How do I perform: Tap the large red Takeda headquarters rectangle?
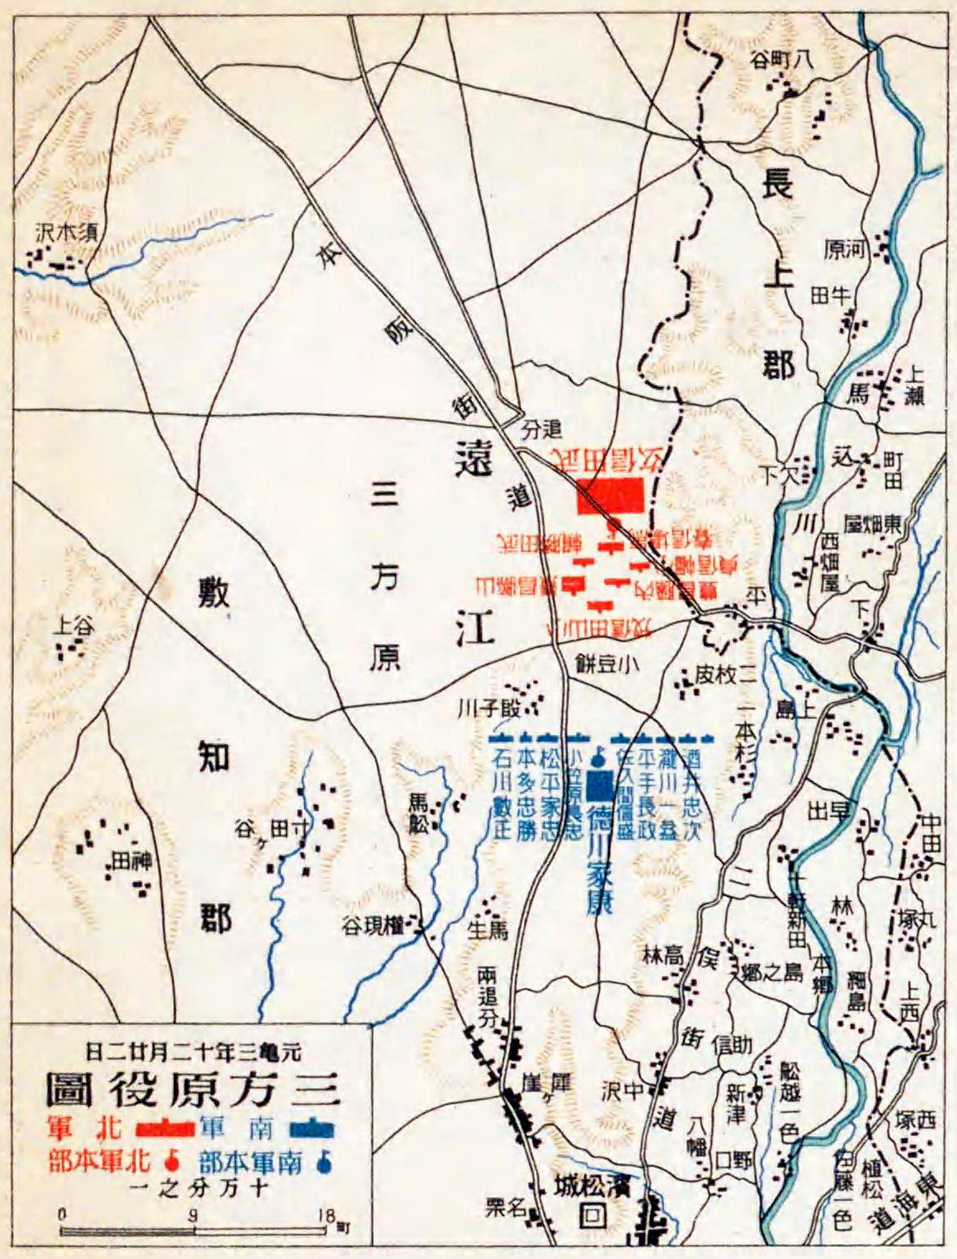pyautogui.click(x=610, y=496)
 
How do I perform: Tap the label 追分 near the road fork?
pyautogui.click(x=542, y=429)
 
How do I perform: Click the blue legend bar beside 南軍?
pyautogui.click(x=312, y=1127)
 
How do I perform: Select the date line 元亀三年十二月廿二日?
pyautogui.click(x=193, y=1052)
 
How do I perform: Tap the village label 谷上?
pyautogui.click(x=73, y=627)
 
